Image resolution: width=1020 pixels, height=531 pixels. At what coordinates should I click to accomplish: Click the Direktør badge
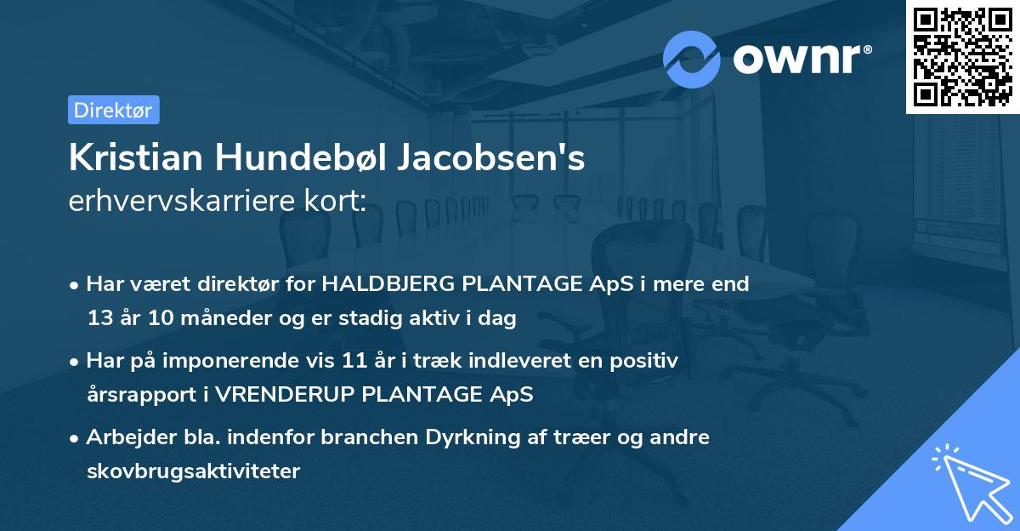pyautogui.click(x=113, y=110)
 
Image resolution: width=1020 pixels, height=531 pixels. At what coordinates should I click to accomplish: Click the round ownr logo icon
pyautogui.click(x=691, y=59)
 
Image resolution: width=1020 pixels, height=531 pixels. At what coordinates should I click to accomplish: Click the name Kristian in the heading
pyautogui.click(x=133, y=158)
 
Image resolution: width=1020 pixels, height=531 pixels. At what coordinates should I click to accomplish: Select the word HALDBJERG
pyautogui.click(x=388, y=284)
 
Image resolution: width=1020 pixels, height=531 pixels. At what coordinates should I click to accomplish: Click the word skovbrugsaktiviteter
pyautogui.click(x=193, y=471)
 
